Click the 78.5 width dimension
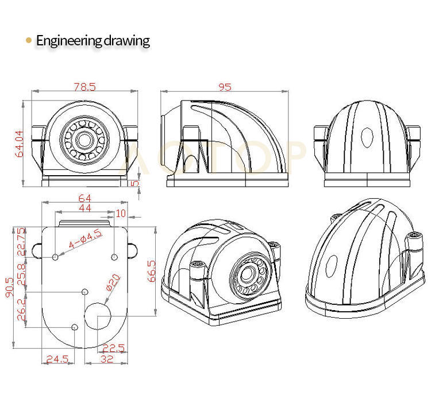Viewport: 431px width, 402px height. (84, 87)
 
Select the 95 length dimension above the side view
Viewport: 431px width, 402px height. (225, 87)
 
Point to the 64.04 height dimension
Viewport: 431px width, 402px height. (19, 144)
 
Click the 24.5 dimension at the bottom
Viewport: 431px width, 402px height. (57, 359)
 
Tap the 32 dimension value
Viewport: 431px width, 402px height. (106, 359)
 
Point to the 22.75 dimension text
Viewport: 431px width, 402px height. (22, 241)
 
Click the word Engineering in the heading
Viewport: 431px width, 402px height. (68, 41)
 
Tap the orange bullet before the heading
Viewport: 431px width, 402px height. (29, 40)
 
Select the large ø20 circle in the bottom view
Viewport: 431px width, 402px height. (98, 316)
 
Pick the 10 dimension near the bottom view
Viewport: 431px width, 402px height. (121, 213)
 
